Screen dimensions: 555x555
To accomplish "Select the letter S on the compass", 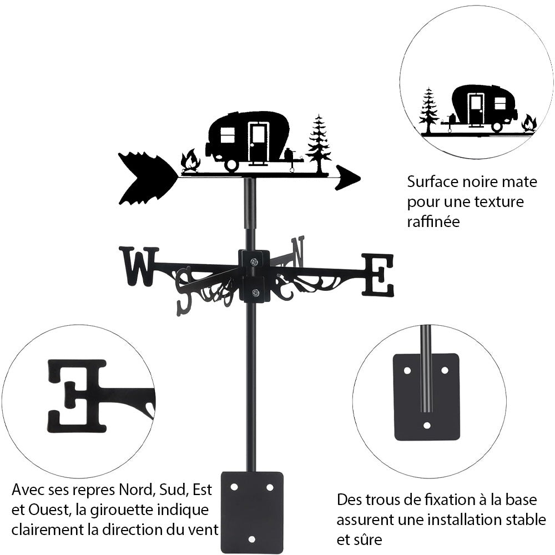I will [184, 291].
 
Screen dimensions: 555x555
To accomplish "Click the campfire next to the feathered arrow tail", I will [190, 161].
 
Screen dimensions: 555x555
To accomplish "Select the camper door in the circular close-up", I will [476, 109].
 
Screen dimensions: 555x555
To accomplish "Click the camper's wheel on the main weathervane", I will [231, 164].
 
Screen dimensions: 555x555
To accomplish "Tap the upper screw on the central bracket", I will [254, 262].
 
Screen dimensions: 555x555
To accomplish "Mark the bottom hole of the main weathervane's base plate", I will [251, 539].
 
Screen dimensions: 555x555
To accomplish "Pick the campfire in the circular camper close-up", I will [529, 123].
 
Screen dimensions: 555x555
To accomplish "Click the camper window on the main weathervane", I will [228, 135].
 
